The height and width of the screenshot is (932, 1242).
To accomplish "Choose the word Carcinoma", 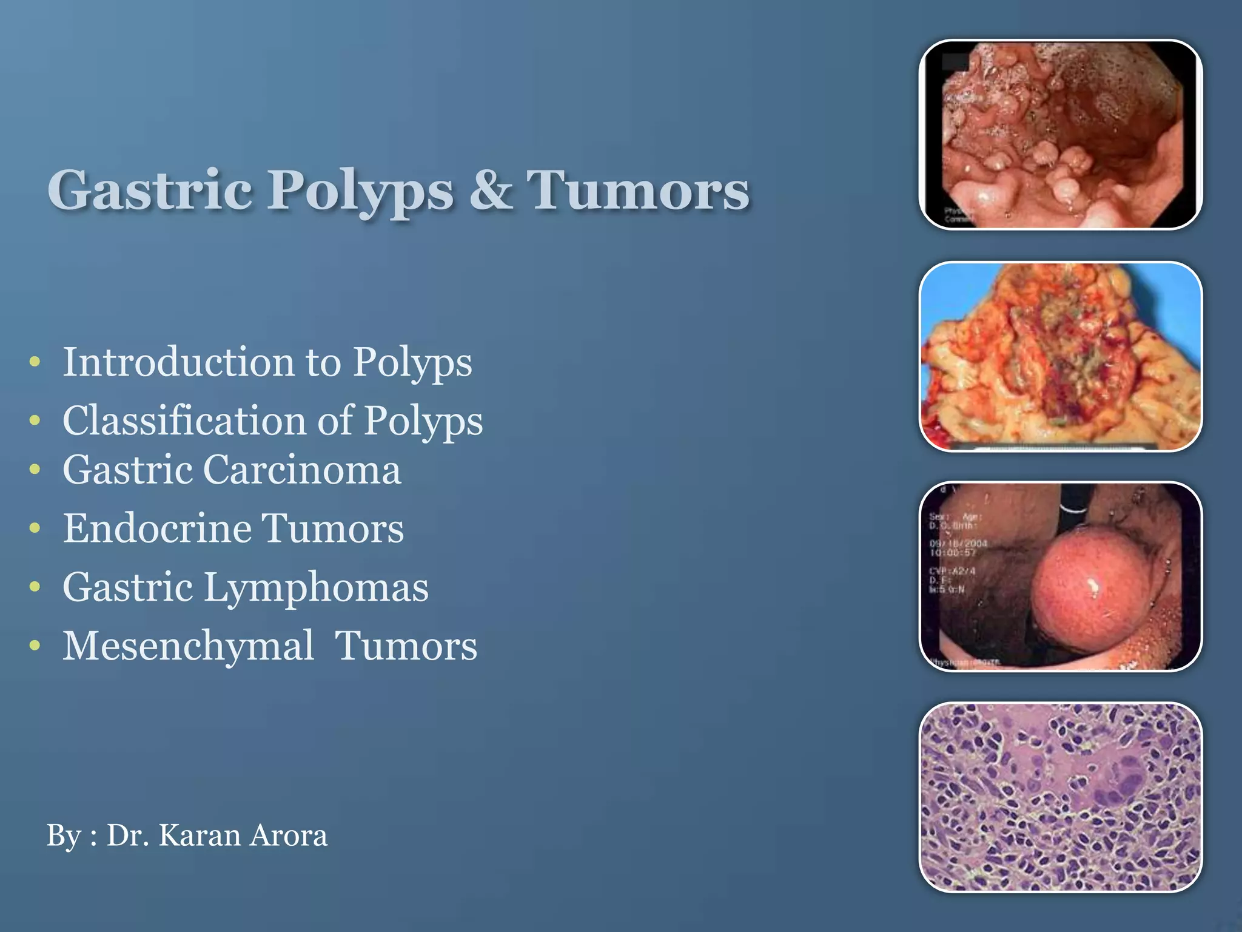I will click(301, 470).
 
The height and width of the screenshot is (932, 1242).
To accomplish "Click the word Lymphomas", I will click(315, 587).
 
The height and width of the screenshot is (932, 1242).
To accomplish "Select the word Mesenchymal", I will click(189, 646).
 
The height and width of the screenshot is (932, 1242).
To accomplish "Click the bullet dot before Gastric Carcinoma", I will click(35, 470).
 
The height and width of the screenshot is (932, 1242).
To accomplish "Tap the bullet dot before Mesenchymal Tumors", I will click(35, 646).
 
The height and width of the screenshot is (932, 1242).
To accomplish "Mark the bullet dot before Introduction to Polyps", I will click(35, 362).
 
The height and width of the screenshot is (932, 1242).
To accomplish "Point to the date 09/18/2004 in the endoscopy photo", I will click(958, 544).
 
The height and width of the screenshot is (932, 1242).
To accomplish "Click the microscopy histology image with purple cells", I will click(1060, 797).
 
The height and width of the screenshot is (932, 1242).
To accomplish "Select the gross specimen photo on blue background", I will click(1060, 357).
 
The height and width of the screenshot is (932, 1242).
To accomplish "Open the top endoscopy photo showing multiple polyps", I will click(1060, 135).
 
